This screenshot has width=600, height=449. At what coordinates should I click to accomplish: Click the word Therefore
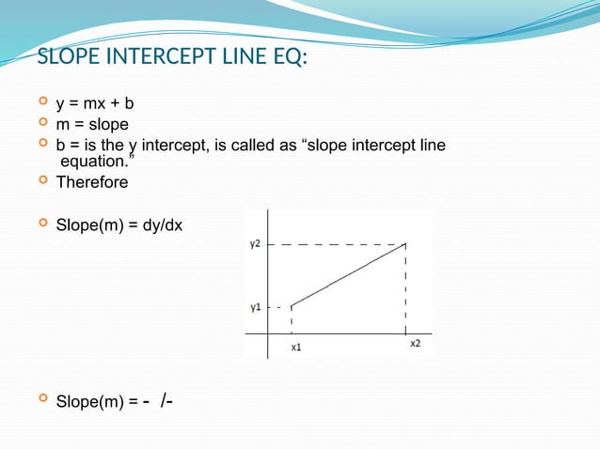tap(92, 182)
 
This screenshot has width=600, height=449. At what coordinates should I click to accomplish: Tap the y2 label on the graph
tap(255, 243)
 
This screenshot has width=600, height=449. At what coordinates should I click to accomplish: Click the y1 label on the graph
tap(255, 306)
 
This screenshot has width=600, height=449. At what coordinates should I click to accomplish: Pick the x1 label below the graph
tap(295, 347)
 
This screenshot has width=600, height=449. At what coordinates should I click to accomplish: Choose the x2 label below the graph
tap(416, 344)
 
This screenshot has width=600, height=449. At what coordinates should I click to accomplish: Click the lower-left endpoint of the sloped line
tap(292, 305)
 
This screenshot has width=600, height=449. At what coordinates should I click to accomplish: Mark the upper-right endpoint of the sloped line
tap(405, 243)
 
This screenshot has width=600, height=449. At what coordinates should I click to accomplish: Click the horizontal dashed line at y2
tap(339, 243)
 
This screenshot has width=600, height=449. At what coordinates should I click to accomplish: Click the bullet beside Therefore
tap(42, 181)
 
